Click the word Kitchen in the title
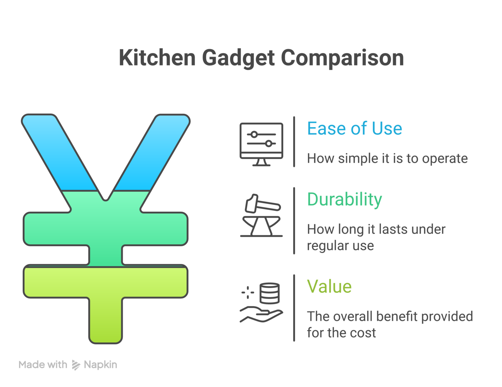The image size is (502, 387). point(157,58)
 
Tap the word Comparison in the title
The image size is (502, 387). point(342,58)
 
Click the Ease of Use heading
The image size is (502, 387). point(354,129)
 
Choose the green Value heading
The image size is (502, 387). point(329,287)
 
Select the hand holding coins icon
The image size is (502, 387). point(261,302)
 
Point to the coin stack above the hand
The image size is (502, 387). point(270,293)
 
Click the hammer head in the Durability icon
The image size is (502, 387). point(251,204)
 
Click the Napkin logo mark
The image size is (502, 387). point(76,365)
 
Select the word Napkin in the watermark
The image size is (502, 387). point(100,365)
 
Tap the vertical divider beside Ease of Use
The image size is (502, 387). point(294,141)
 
